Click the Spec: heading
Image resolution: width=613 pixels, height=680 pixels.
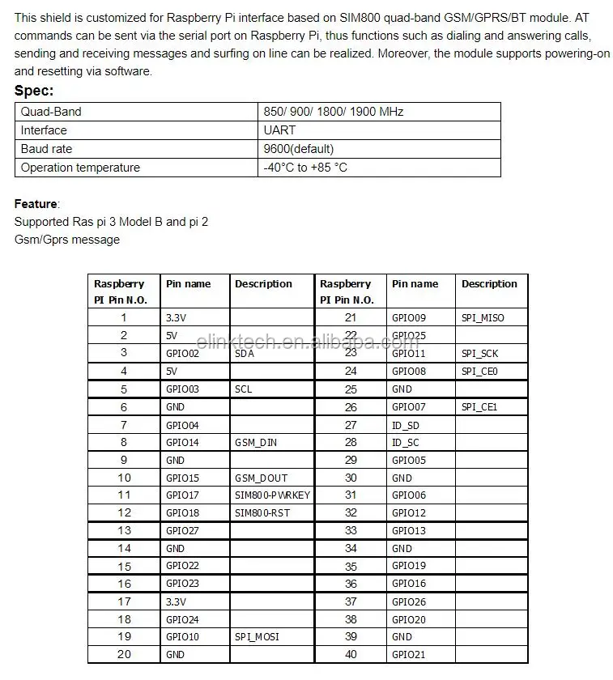[34, 91]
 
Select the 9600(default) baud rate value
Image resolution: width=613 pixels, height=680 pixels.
[298, 149]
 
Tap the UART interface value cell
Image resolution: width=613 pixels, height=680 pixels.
[279, 130]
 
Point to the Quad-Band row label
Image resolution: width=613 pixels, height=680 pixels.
[51, 112]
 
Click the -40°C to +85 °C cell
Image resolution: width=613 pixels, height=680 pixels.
[305, 168]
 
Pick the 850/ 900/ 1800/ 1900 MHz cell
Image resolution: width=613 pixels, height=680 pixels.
[333, 112]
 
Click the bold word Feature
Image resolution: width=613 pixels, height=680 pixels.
[36, 203]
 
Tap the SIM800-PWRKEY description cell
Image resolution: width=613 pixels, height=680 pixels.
[272, 495]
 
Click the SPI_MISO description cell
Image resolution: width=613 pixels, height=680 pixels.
[483, 318]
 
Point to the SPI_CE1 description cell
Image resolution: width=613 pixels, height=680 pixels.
[479, 407]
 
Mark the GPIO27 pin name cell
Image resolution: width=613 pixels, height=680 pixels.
[182, 531]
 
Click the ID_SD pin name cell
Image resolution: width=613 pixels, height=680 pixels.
[406, 425]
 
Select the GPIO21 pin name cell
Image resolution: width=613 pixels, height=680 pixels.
[408, 654]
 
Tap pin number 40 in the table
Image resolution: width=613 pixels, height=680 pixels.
[351, 654]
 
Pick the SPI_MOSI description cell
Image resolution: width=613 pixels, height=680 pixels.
[257, 636]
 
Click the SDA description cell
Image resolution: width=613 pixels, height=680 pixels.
[245, 354]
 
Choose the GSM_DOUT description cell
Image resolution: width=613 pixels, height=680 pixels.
[261, 478]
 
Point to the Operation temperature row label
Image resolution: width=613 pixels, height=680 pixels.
[80, 168]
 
